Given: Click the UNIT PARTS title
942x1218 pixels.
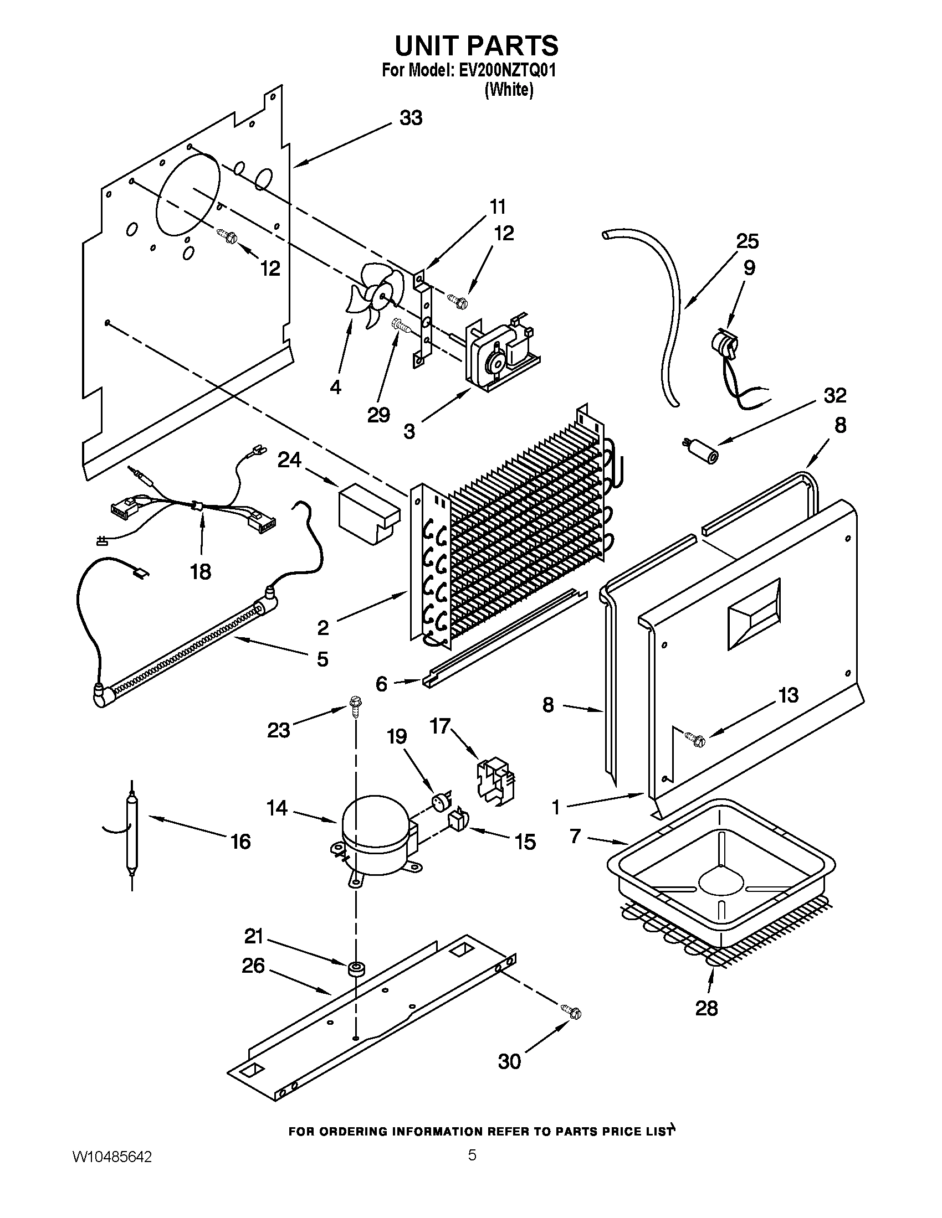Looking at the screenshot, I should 476,45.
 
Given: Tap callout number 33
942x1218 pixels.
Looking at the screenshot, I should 411,118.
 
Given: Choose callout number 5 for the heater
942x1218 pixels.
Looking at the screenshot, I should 322,659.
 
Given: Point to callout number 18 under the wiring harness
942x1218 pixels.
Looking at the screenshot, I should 201,571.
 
